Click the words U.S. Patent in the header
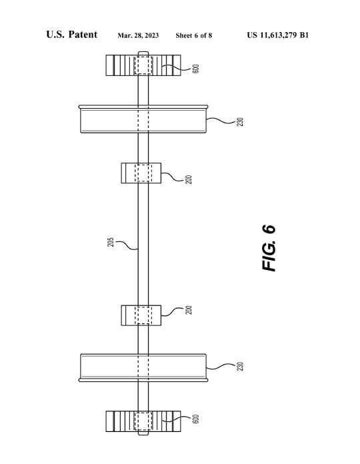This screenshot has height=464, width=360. pyautogui.click(x=71, y=35)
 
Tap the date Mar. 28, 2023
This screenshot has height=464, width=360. pyautogui.click(x=138, y=35)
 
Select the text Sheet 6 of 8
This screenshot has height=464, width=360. pyautogui.click(x=194, y=35)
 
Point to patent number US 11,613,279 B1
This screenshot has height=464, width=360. pyautogui.click(x=278, y=35)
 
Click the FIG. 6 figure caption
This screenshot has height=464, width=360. pyautogui.click(x=269, y=248)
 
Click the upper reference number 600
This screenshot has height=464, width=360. pyautogui.click(x=195, y=69)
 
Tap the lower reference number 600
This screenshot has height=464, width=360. pyautogui.click(x=195, y=419)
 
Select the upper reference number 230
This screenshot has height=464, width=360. pyautogui.click(x=240, y=122)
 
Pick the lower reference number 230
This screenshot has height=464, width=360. pyautogui.click(x=240, y=367)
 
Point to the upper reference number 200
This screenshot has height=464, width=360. pyautogui.click(x=189, y=179)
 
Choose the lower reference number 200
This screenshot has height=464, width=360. pyautogui.click(x=189, y=310)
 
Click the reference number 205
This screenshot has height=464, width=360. pyautogui.click(x=111, y=242)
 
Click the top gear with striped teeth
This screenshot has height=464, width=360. pyautogui.click(x=143, y=65)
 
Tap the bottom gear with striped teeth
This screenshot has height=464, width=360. pyautogui.click(x=143, y=421)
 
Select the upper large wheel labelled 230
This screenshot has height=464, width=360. pyautogui.click(x=143, y=119)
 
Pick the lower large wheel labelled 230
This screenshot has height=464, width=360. pyautogui.click(x=143, y=368)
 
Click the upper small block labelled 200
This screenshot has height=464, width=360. pyautogui.click(x=141, y=173)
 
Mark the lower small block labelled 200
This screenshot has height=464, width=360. pyautogui.click(x=141, y=315)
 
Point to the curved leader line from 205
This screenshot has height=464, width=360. pyautogui.click(x=127, y=245)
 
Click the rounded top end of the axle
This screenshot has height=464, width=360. pyautogui.click(x=143, y=53)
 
